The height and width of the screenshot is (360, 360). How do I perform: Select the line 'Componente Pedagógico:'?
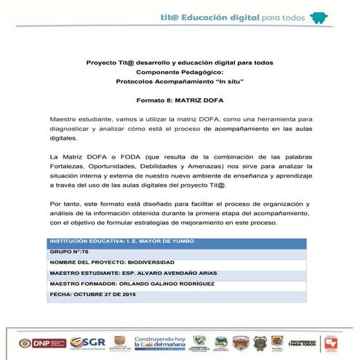click(180, 72)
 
